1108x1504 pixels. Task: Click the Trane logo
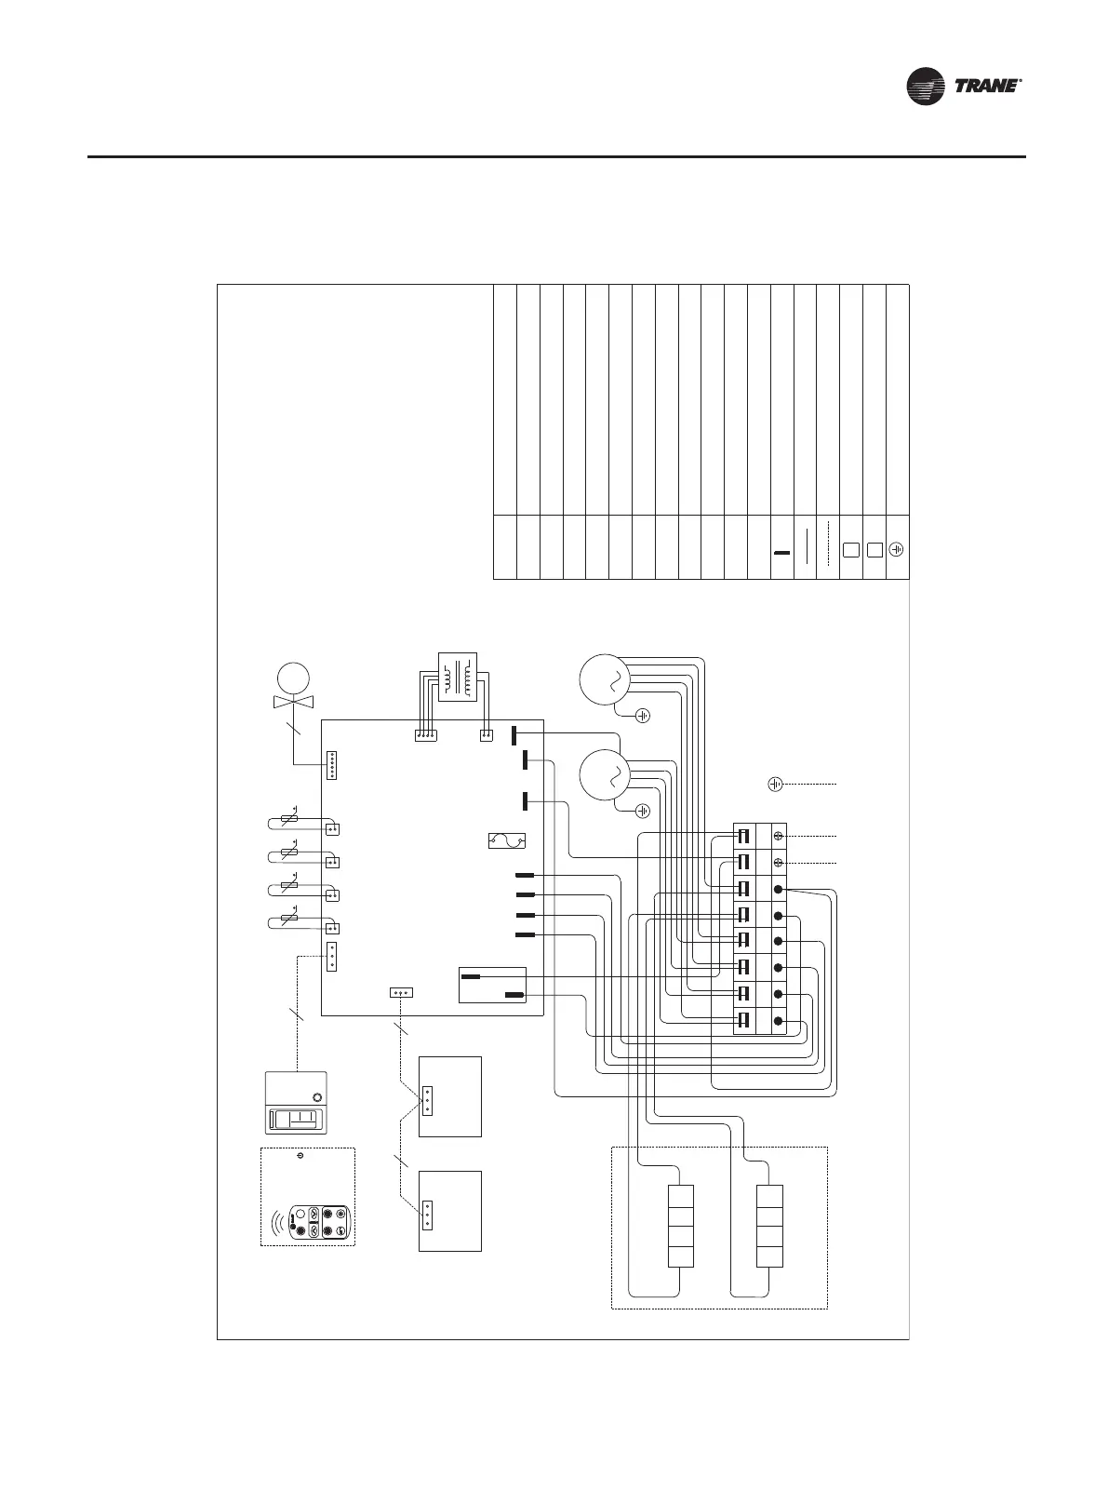pos(965,87)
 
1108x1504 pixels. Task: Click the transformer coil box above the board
pos(457,679)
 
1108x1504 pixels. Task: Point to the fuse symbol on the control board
pos(507,841)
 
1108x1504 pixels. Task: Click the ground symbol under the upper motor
pos(642,716)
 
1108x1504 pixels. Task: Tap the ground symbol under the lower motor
pos(642,811)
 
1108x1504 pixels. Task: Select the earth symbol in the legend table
pos(897,549)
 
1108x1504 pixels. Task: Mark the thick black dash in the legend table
pos(781,554)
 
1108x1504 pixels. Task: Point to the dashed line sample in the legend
pos(828,549)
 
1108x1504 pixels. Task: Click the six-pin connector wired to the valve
pos(333,766)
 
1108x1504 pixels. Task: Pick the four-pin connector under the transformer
pos(426,735)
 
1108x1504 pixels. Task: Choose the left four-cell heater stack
pos(681,1226)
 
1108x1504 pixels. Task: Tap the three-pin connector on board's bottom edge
pos(401,992)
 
